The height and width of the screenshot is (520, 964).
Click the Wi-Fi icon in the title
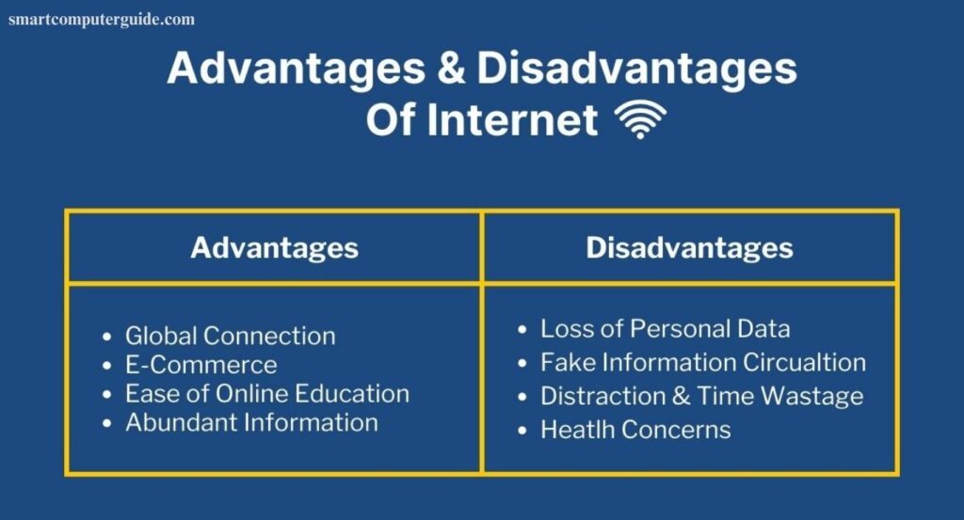click(x=640, y=120)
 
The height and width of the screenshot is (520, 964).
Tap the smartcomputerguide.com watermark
click(x=102, y=19)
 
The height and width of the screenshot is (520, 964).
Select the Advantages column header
click(x=274, y=247)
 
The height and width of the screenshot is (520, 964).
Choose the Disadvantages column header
click(x=689, y=247)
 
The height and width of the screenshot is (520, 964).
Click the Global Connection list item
click(x=230, y=336)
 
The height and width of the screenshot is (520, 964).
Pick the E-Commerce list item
click(x=201, y=365)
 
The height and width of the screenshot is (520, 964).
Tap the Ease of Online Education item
click(x=267, y=393)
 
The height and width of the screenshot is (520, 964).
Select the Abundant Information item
click(x=251, y=422)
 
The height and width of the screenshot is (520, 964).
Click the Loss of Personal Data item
click(x=665, y=329)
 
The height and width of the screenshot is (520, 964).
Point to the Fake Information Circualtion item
click(x=702, y=362)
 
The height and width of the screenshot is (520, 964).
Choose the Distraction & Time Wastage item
click(x=701, y=396)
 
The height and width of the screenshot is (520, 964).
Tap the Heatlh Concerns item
click(x=635, y=430)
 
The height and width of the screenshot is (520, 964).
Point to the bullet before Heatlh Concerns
click(x=522, y=431)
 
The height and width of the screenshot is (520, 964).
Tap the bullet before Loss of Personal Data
click(x=522, y=330)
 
